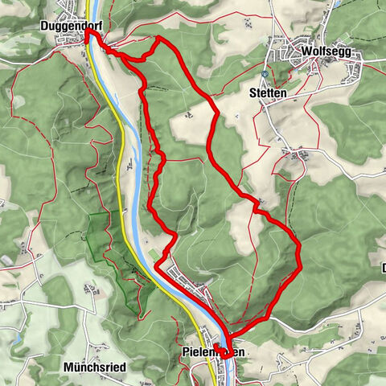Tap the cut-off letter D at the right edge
(x=382, y=268)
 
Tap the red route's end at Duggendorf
(x=86, y=35)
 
